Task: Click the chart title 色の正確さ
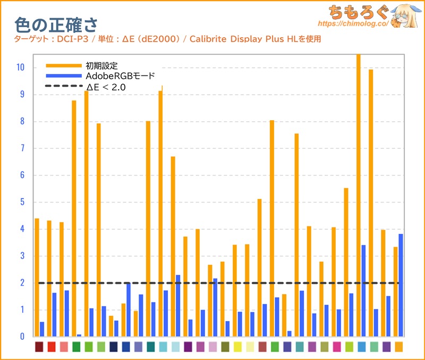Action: click(56, 24)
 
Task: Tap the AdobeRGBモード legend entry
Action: click(120, 76)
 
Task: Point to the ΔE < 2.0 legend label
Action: click(106, 87)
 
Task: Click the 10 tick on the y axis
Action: click(21, 68)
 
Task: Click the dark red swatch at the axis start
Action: click(39, 347)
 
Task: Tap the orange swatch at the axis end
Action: click(398, 347)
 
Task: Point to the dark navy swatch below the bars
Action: click(113, 347)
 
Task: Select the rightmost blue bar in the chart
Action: click(401, 285)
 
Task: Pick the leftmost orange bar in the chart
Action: click(37, 277)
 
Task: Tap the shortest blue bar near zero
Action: click(79, 335)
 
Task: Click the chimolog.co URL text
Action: click(351, 24)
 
